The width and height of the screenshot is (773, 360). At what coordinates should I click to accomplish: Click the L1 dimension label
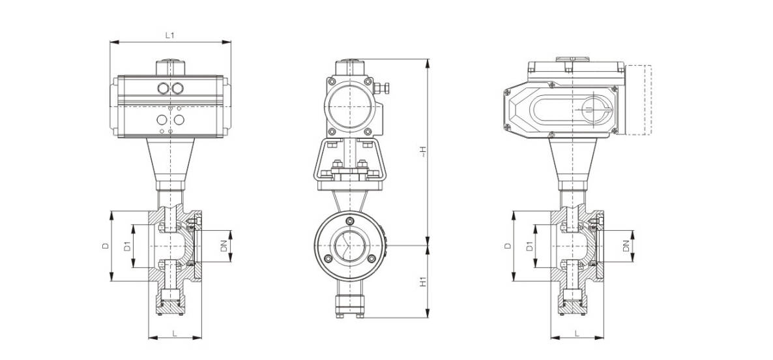[170, 35]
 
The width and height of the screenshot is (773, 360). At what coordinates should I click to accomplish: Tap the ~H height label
[422, 153]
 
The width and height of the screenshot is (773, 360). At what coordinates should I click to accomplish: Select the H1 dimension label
[422, 282]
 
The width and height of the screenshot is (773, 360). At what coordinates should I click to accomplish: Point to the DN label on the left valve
[224, 246]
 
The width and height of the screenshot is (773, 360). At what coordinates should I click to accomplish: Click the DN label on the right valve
[626, 246]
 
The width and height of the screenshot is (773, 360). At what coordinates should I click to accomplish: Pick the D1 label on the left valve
[126, 246]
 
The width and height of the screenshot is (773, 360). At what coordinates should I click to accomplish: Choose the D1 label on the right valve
[529, 246]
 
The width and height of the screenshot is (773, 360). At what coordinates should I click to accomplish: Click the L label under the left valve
[175, 333]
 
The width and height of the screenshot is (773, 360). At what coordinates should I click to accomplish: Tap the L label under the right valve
[576, 333]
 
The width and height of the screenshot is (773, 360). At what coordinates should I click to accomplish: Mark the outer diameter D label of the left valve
[105, 246]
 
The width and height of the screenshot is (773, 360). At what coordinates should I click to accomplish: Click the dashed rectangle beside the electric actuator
[639, 100]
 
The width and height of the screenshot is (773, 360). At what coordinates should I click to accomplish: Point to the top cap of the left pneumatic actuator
[171, 68]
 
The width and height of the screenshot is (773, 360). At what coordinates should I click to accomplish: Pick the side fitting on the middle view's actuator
[381, 89]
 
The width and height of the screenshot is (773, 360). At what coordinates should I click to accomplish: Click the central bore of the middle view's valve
[350, 245]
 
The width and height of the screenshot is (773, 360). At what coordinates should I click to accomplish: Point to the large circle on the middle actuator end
[349, 107]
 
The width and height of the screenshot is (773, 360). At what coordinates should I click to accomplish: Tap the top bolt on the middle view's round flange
[350, 220]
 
